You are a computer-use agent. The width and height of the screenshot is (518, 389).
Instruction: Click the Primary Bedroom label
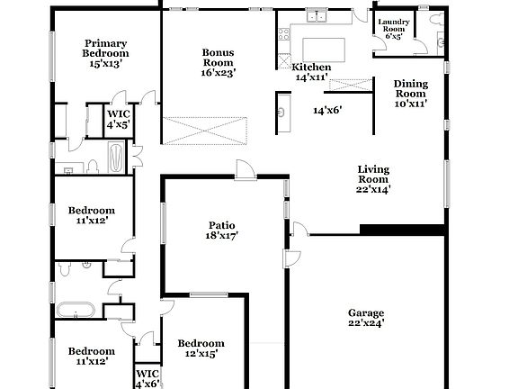pyautogui.click(x=105, y=53)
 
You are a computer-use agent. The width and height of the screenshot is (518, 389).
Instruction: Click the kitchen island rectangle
pyautogui.click(x=319, y=48)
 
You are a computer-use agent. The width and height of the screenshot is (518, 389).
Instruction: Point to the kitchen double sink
pyautogui.click(x=317, y=15)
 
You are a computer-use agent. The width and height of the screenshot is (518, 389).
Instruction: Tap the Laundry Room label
pyautogui.click(x=394, y=29)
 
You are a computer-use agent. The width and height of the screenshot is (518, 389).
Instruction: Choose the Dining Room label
pyautogui.click(x=411, y=94)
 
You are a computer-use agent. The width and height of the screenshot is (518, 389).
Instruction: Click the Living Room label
pyautogui.click(x=373, y=178)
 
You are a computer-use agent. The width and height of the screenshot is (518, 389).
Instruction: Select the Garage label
pyautogui.click(x=366, y=318)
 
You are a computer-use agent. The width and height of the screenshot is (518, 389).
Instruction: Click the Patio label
pyautogui.click(x=221, y=231)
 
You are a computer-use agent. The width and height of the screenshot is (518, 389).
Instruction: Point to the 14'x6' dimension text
pyautogui.click(x=327, y=111)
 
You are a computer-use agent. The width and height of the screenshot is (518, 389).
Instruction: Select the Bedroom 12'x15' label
pyautogui.click(x=201, y=348)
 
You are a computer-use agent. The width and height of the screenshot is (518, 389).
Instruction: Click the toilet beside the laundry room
pyautogui.click(x=441, y=39)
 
